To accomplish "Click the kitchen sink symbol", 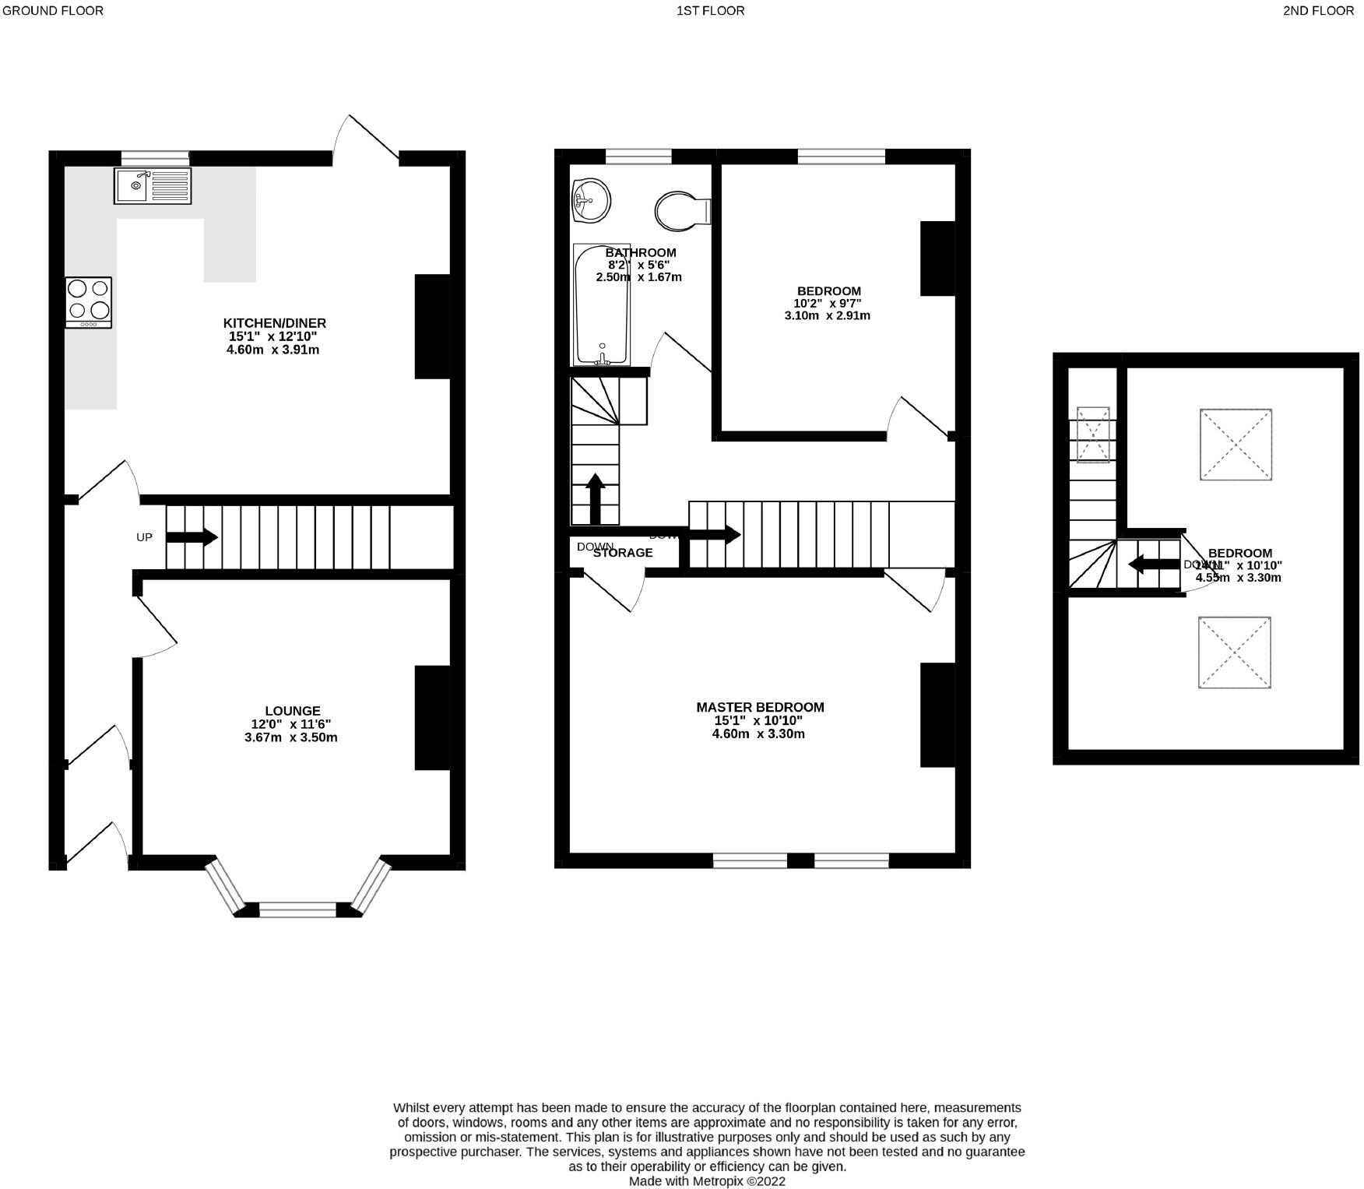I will [x=152, y=185].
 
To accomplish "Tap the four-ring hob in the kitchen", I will [x=88, y=303].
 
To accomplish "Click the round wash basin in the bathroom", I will [x=590, y=201].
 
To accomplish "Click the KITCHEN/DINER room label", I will [x=274, y=323].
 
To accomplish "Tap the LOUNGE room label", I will [x=292, y=711].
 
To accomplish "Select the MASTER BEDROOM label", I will [x=760, y=707].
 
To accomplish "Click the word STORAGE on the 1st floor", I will [x=623, y=553].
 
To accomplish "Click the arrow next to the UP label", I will [x=192, y=537].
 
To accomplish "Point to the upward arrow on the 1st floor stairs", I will [x=596, y=498].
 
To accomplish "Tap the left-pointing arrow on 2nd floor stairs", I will [x=1154, y=564].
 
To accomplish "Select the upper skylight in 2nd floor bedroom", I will [x=1236, y=445].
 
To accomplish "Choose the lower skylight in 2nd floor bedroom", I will [x=1235, y=653].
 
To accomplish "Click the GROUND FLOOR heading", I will [x=52, y=11].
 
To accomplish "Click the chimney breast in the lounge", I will [x=432, y=717].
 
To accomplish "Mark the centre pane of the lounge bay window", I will [x=297, y=909].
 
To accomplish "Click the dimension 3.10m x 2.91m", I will [x=827, y=316].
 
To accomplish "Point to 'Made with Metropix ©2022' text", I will [x=707, y=1181].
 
